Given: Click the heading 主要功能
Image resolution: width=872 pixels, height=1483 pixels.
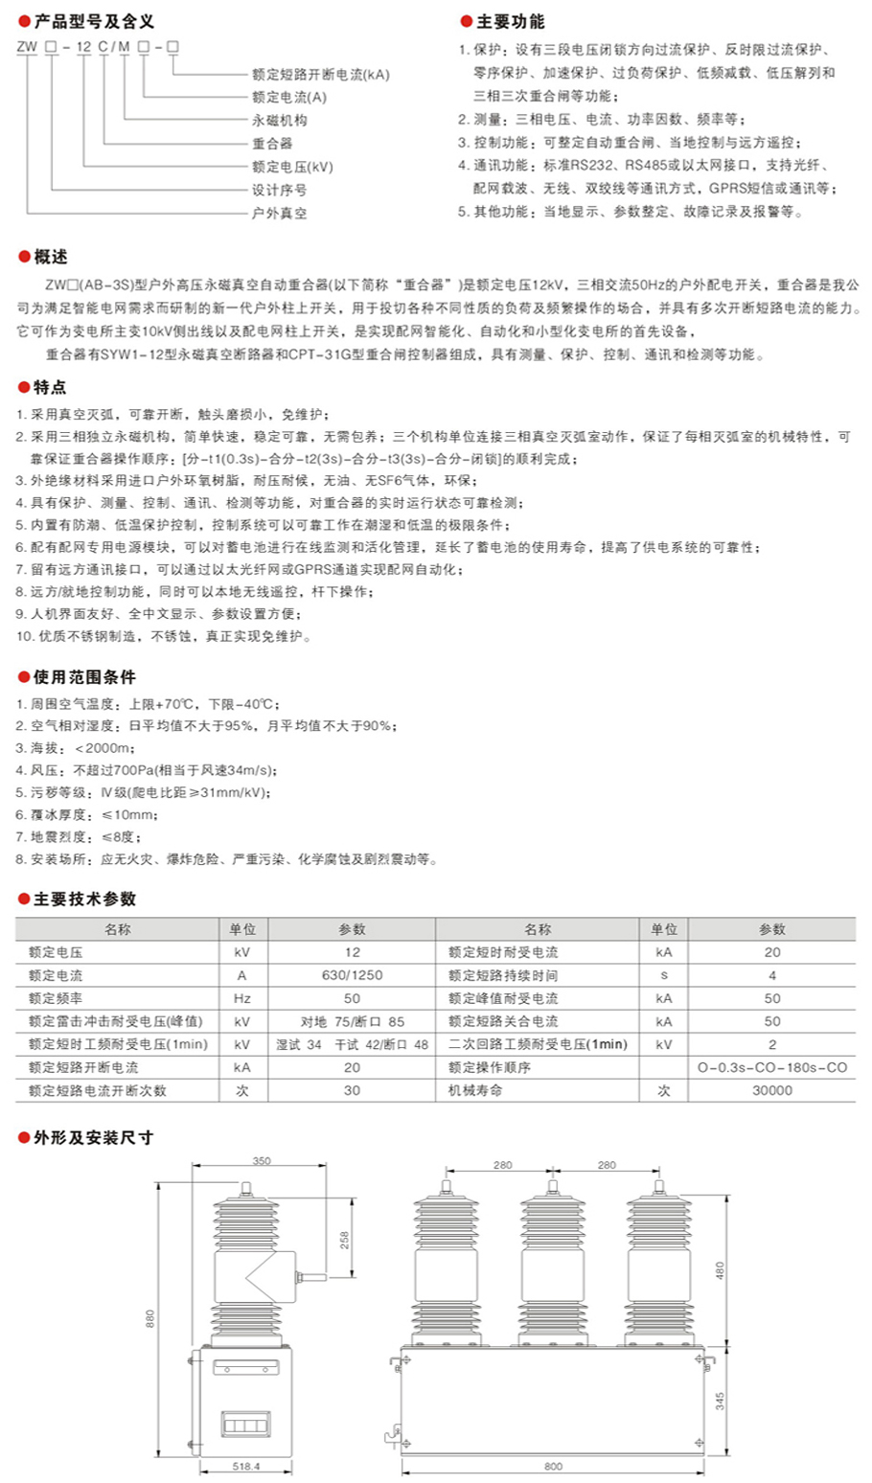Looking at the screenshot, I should pyautogui.click(x=510, y=21).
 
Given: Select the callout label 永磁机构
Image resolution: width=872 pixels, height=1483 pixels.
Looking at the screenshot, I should pyautogui.click(x=279, y=120).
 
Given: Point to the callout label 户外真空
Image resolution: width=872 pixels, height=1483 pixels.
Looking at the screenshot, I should pyautogui.click(x=279, y=213).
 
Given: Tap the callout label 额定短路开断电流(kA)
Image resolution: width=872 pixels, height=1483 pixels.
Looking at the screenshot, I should pyautogui.click(x=320, y=74).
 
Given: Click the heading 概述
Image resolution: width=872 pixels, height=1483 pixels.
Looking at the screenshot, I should pyautogui.click(x=50, y=257).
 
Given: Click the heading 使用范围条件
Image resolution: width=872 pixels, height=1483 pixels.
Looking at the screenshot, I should pyautogui.click(x=84, y=676).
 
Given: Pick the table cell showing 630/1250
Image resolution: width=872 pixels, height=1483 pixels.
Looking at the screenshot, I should pyautogui.click(x=352, y=975).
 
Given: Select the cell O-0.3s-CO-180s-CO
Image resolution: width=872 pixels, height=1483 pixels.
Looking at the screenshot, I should pyautogui.click(x=772, y=1067).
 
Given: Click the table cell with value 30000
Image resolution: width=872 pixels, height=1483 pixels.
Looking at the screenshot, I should pyautogui.click(x=772, y=1090).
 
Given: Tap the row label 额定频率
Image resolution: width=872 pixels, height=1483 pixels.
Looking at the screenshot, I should pyautogui.click(x=56, y=998).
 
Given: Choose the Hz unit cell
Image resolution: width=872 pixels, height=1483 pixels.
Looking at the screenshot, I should pyautogui.click(x=241, y=998).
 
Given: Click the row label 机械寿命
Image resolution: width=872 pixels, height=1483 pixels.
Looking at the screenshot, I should pyautogui.click(x=475, y=1090).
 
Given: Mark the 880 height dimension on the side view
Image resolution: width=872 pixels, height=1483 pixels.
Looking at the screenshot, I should pyautogui.click(x=149, y=1318).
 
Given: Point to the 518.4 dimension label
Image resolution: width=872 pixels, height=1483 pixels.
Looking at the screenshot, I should pyautogui.click(x=246, y=1466).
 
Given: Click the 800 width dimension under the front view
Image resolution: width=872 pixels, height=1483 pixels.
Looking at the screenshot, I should pyautogui.click(x=553, y=1466).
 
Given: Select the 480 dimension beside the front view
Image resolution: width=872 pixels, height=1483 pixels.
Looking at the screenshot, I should pyautogui.click(x=720, y=1270).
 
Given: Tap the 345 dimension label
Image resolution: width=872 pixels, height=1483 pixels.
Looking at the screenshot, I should pyautogui.click(x=720, y=1400).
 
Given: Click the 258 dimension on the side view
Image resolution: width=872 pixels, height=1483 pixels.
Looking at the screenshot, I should pyautogui.click(x=345, y=1239).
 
